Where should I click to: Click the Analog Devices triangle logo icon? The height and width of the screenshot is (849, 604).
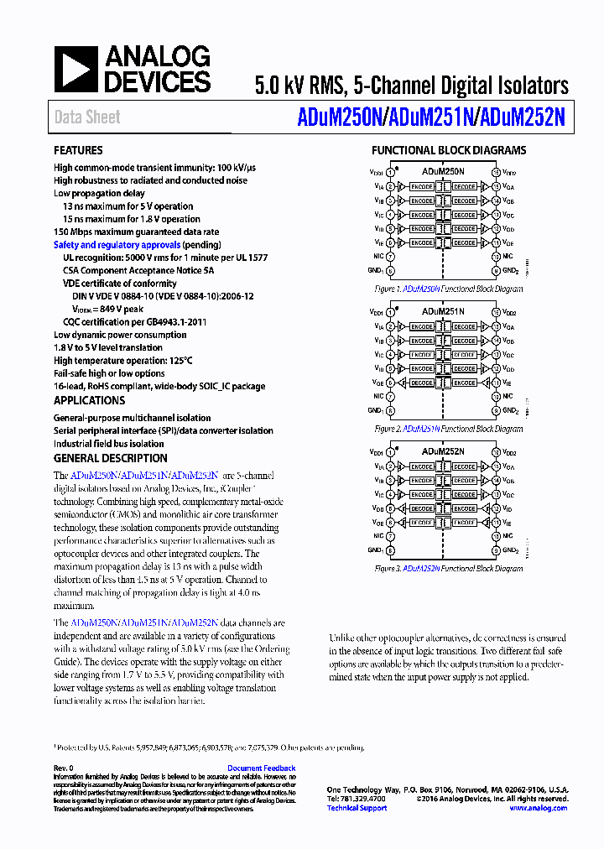pyautogui.click(x=75, y=70)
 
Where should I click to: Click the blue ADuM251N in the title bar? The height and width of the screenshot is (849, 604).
pyautogui.click(x=427, y=118)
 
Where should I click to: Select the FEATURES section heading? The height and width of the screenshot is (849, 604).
pyautogui.click(x=78, y=151)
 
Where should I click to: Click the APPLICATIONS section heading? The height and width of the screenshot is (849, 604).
pyautogui.click(x=89, y=401)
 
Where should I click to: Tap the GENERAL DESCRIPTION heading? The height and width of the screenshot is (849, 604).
pyautogui.click(x=110, y=458)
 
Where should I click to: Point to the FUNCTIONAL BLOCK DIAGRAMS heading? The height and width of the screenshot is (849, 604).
pyautogui.click(x=449, y=151)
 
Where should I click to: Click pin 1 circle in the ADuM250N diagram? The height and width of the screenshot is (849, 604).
pyautogui.click(x=390, y=173)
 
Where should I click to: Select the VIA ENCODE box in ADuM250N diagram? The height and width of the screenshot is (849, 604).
pyautogui.click(x=421, y=186)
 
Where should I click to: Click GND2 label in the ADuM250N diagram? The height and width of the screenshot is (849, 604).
pyautogui.click(x=509, y=271)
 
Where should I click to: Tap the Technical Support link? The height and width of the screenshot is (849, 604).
pyautogui.click(x=357, y=808)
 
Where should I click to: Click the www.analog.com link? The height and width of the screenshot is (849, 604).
pyautogui.click(x=539, y=808)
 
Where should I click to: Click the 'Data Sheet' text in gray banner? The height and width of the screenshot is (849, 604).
pyautogui.click(x=87, y=117)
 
